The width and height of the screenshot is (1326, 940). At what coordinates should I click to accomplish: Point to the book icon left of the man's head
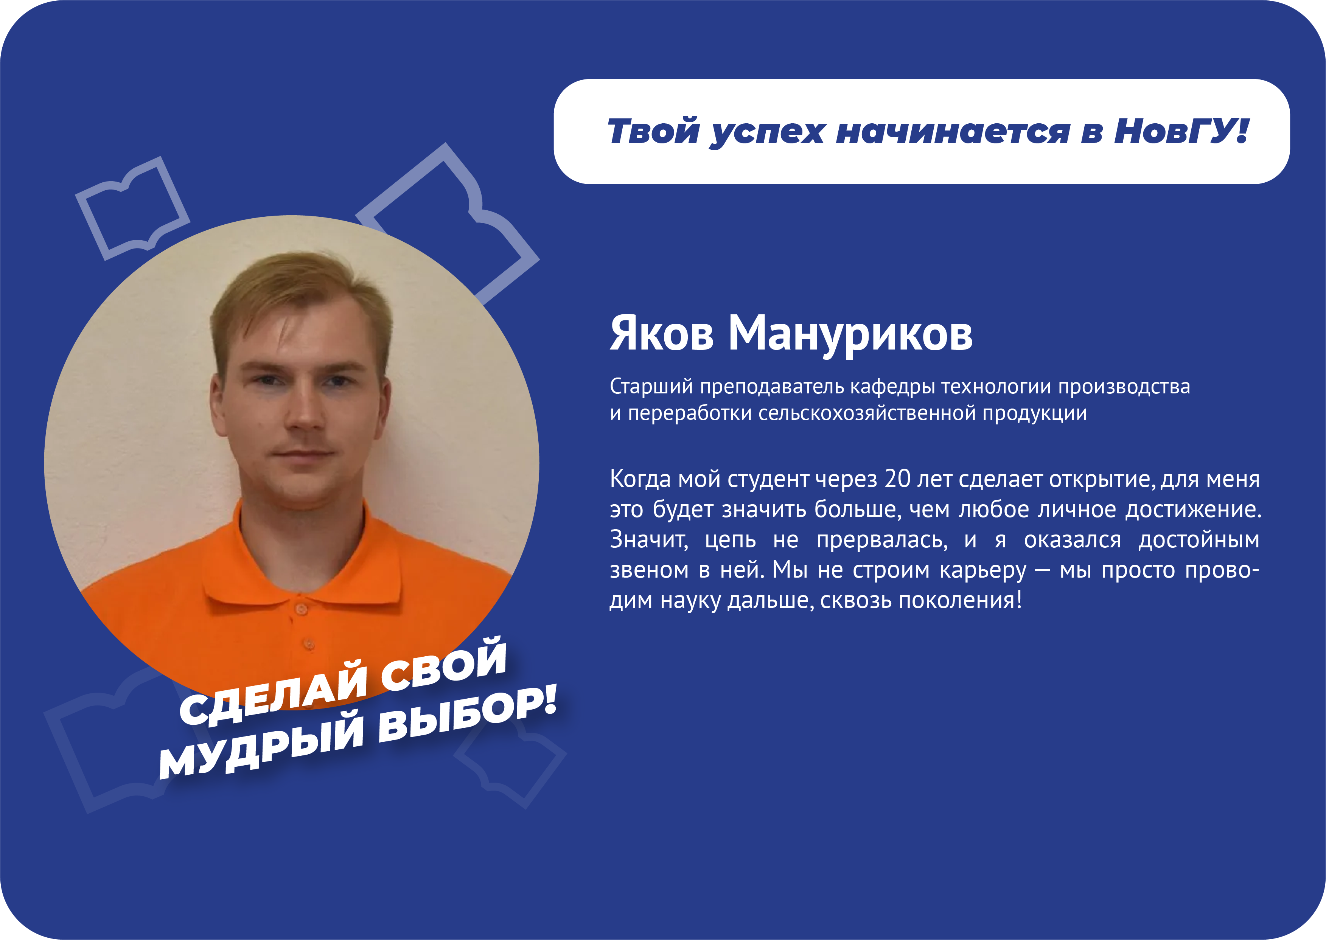pos(132,209)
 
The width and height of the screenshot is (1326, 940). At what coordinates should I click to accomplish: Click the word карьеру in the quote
pos(983,571)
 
